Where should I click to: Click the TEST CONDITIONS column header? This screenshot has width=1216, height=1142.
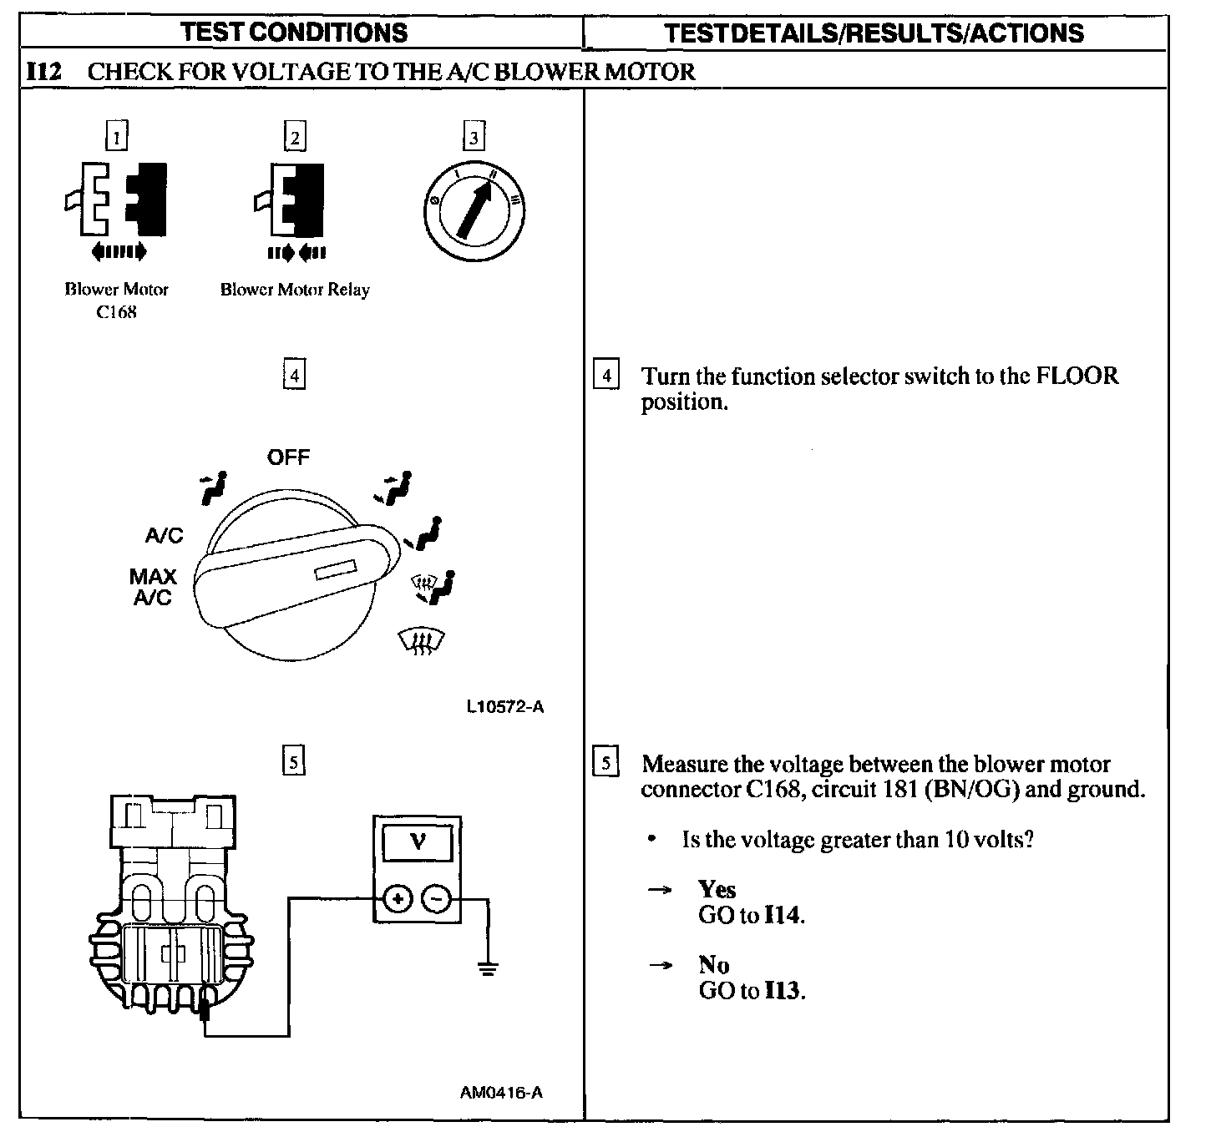(294, 33)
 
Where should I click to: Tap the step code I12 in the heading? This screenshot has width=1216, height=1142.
(43, 71)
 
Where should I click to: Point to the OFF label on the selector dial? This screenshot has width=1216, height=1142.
(288, 457)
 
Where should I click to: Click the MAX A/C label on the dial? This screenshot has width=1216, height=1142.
(153, 587)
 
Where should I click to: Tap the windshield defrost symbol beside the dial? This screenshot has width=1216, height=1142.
(423, 641)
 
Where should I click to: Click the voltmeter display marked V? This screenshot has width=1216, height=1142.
(418, 843)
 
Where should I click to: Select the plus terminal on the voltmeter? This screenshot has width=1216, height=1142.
(398, 899)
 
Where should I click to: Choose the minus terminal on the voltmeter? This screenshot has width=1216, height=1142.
(437, 899)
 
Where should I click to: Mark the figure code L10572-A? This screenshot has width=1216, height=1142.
(505, 707)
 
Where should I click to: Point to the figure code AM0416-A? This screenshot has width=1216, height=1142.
(501, 1092)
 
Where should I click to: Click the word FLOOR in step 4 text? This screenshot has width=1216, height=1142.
(1077, 376)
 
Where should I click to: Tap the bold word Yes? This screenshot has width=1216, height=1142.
(717, 890)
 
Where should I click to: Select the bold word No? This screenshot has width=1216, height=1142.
(713, 966)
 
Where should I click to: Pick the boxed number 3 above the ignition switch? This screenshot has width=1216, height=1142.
(474, 136)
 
